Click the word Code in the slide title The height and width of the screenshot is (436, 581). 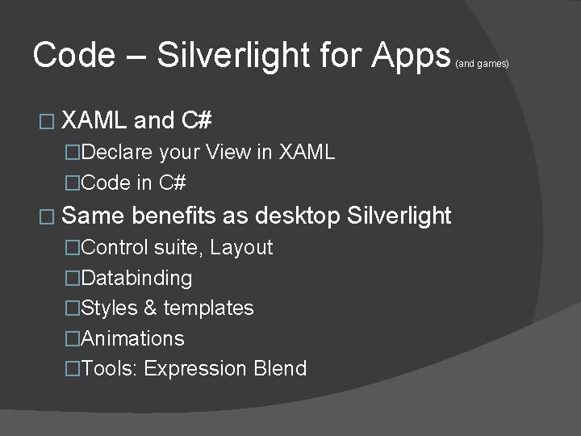(73, 55)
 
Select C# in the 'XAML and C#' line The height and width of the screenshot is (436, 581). (197, 120)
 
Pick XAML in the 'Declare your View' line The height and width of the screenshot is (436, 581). (307, 152)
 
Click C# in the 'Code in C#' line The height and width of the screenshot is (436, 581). (173, 182)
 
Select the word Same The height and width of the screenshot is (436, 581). (92, 216)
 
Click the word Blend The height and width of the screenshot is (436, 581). (280, 369)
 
